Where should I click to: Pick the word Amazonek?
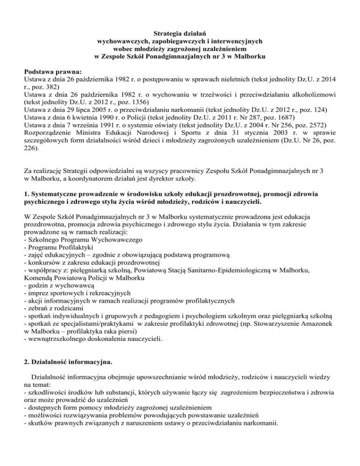[x=320, y=332]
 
